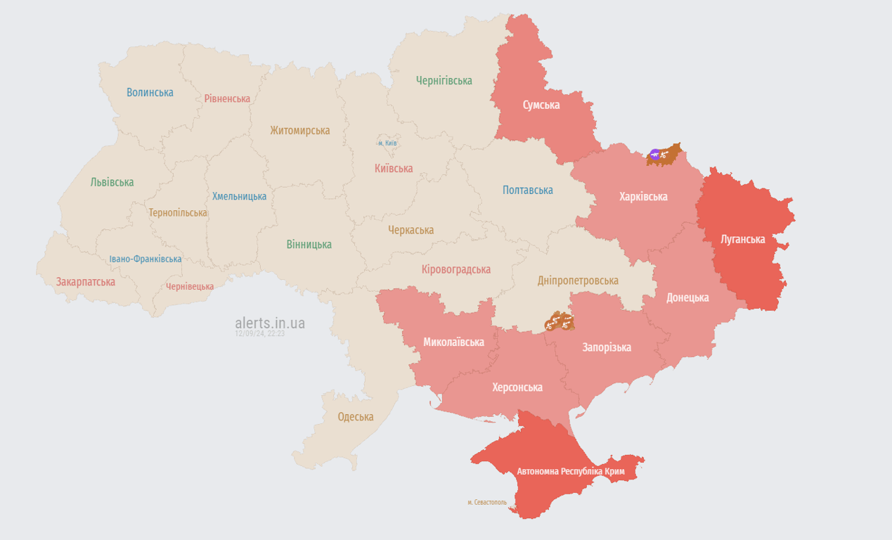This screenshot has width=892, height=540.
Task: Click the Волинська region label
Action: (150, 92)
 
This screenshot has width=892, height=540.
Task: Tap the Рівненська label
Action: (227, 98)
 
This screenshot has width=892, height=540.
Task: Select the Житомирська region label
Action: (299, 130)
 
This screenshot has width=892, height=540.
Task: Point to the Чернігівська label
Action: (444, 80)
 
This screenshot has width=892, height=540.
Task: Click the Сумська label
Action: (541, 105)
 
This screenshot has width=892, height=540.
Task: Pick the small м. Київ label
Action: (387, 143)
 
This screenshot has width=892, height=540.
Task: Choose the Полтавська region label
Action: (527, 190)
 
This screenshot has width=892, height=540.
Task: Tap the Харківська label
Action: (642, 196)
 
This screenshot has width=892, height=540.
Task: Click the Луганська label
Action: (742, 239)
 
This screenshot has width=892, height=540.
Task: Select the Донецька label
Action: (687, 297)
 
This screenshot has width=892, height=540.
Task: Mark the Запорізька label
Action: (606, 347)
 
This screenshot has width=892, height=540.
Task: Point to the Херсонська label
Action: (517, 387)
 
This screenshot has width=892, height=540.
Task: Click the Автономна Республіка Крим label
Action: (570, 471)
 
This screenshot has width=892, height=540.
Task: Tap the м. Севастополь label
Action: (486, 502)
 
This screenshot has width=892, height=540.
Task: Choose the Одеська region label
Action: (355, 416)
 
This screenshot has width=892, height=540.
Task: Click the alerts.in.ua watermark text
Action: (270, 323)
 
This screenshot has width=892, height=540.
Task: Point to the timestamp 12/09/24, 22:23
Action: (259, 334)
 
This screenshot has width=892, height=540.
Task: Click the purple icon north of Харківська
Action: (655, 154)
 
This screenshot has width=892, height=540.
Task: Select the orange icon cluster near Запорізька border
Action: (559, 322)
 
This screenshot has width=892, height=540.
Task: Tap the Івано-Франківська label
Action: (145, 259)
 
